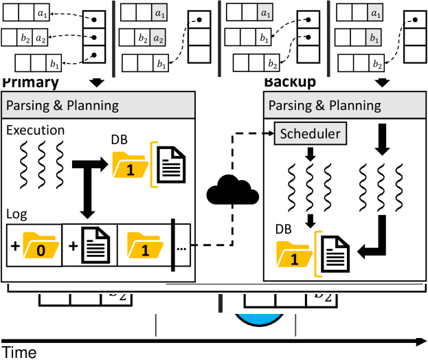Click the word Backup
pos(290,82)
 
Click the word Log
pos(16,214)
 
